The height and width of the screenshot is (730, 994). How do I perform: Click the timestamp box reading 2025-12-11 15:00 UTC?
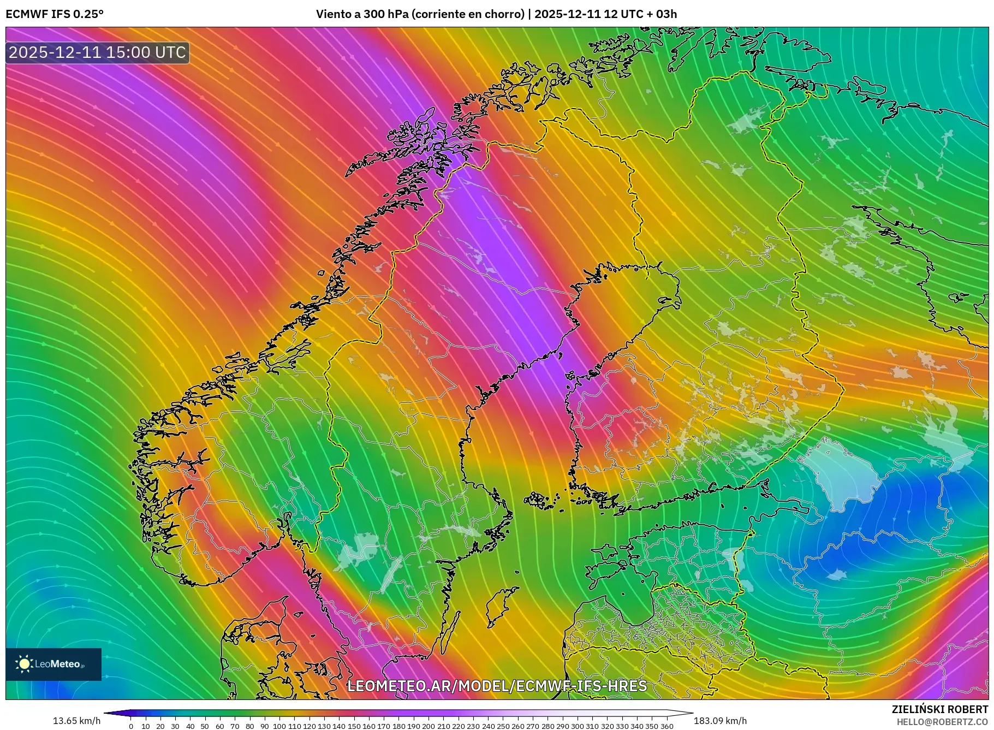[98, 52]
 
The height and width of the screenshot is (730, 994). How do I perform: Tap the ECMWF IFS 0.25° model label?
[54, 14]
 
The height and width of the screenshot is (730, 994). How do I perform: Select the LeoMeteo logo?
[53, 664]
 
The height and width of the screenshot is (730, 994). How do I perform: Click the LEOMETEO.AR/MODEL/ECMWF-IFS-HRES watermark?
[497, 686]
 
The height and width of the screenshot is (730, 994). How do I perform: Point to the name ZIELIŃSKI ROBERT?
[939, 709]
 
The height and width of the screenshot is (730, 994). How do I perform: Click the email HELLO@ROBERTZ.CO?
[942, 722]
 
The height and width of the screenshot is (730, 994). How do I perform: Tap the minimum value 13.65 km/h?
[76, 721]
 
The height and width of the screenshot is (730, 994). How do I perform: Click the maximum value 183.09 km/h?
[720, 721]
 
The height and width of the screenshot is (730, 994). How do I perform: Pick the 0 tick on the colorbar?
[131, 726]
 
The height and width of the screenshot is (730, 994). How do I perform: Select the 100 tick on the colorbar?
[279, 726]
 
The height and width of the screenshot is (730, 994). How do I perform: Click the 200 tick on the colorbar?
[428, 726]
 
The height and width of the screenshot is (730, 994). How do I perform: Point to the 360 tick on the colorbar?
[666, 726]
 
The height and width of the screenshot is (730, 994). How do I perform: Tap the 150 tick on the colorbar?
[354, 726]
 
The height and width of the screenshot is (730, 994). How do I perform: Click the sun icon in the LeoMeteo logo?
[25, 664]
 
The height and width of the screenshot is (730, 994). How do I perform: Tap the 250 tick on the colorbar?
[503, 726]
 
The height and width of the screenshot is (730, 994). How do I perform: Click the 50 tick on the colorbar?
[205, 726]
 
